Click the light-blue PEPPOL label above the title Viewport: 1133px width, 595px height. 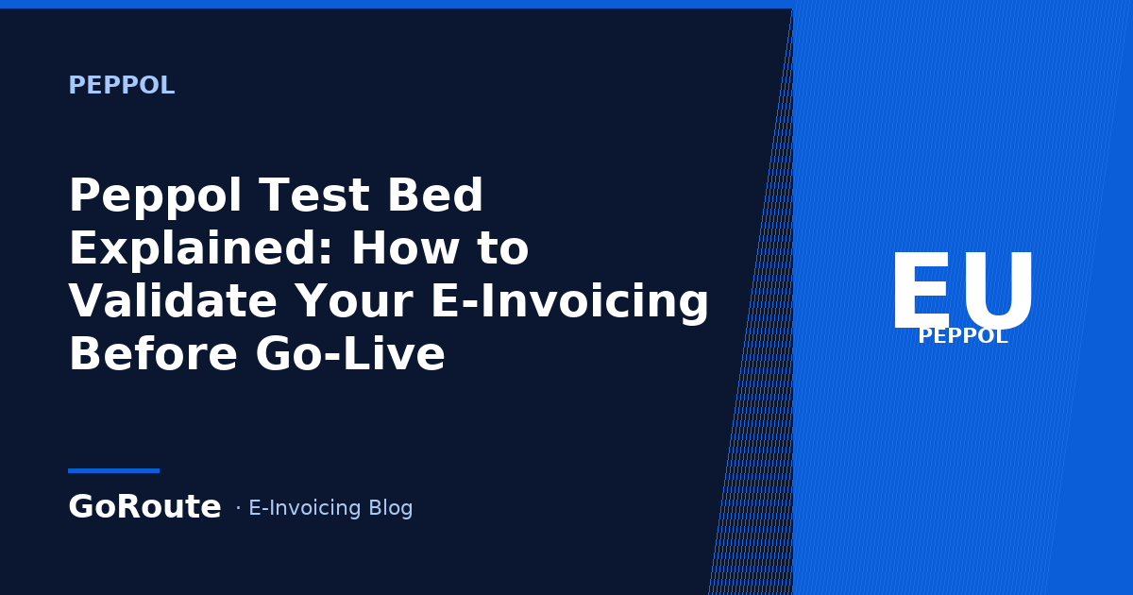pos(122,85)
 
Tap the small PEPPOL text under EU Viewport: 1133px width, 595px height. pos(963,336)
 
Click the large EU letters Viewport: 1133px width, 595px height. pos(962,290)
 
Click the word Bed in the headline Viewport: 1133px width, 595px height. pos(435,195)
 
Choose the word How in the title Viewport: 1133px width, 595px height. pos(406,247)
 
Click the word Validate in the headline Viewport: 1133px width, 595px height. pos(173,300)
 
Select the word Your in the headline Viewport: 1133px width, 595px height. pos(354,301)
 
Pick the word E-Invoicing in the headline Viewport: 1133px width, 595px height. pos(570,302)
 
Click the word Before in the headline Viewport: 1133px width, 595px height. pos(153,353)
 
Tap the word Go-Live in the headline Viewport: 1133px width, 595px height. pos(350,353)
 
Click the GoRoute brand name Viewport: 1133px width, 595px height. pos(144,506)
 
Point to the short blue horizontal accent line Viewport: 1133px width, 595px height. pos(114,470)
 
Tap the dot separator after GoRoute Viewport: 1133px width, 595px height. pos(238,507)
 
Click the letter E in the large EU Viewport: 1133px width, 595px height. pos(921,290)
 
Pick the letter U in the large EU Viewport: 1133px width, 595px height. pos(997,291)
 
